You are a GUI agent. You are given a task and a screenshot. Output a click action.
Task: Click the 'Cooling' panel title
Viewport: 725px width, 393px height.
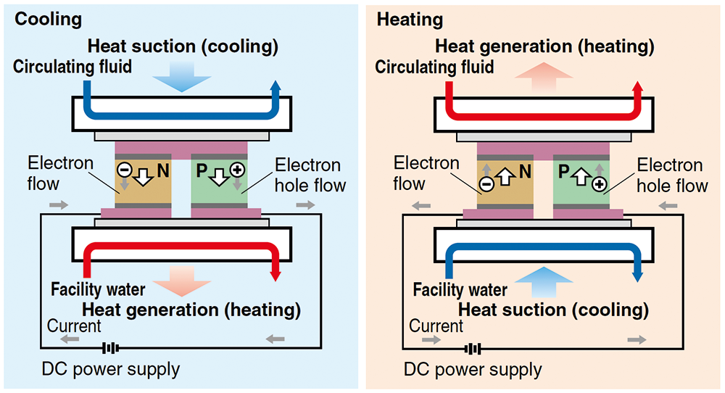[48, 20]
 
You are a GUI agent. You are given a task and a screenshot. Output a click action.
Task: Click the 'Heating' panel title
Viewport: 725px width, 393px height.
[410, 20]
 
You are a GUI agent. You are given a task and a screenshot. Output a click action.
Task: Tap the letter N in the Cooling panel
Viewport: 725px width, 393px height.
[162, 171]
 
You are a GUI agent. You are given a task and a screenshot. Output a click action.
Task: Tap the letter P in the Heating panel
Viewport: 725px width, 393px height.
[563, 172]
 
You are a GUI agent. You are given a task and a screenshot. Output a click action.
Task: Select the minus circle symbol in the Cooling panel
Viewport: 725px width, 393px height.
[124, 170]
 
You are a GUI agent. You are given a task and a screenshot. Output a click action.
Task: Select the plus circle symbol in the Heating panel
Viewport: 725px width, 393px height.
[600, 185]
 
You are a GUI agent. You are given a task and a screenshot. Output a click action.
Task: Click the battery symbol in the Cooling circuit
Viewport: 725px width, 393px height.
[110, 348]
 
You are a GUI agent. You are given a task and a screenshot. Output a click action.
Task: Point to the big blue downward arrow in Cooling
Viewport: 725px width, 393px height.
[182, 76]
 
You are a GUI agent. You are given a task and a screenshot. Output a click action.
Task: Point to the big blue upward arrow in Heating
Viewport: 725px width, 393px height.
[544, 282]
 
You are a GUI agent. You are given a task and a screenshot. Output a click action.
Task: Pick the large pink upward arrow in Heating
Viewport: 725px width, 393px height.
[544, 77]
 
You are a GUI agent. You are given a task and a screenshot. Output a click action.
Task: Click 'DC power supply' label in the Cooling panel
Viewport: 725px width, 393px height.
[110, 369]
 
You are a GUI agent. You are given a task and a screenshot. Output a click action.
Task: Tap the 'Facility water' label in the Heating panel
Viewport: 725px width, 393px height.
[460, 290]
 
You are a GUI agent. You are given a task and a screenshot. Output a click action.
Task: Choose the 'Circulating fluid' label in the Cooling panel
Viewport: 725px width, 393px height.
[72, 67]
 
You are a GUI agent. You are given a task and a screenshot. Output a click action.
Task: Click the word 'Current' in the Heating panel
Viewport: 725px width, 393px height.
[436, 326]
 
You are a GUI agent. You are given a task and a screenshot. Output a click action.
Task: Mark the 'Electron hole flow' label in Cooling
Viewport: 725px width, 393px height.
[310, 175]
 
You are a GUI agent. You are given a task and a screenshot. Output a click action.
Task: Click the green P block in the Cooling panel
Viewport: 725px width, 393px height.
[219, 181]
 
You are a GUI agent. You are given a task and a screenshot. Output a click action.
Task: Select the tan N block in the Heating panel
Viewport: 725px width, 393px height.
[505, 181]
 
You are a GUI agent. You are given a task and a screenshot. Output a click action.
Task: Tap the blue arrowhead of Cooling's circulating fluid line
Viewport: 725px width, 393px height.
[275, 86]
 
